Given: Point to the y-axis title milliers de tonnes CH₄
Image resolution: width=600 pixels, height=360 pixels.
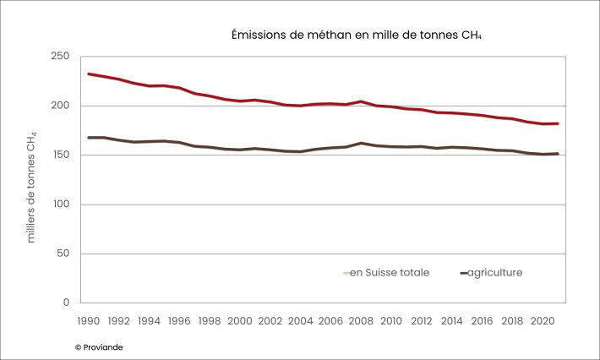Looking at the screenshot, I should point(32,187).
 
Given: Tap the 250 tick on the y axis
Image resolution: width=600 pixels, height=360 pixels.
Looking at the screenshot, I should point(59,57).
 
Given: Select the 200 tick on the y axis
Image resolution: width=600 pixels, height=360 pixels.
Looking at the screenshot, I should point(59,106).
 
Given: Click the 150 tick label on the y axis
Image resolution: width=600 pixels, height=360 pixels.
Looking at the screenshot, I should point(59,155).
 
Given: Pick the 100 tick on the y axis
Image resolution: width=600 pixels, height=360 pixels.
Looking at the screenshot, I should point(59,205).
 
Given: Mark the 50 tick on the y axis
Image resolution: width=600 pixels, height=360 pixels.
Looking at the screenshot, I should point(63,254).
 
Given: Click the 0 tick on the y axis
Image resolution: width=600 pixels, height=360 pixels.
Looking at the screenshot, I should point(66,303).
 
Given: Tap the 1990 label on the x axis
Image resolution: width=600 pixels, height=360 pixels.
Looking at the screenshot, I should point(89,321).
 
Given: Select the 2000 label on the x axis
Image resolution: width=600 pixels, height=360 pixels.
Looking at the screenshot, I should point(240,321).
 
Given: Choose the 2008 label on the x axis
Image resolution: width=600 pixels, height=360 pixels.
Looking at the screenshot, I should point(361,321).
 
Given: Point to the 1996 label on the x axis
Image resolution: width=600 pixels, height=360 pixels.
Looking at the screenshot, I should point(179,321).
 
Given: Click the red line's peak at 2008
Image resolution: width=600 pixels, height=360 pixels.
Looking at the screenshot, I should point(361,101).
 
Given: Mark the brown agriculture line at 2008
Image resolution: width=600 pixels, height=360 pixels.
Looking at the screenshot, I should point(361,143).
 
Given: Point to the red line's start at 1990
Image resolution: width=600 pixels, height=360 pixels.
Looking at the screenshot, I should point(89,74).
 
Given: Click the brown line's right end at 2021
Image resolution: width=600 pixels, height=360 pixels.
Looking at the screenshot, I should point(558,154).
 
